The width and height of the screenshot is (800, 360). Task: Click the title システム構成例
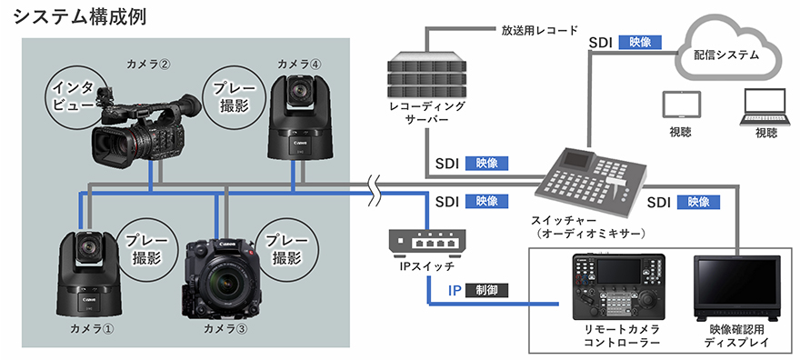coord(80,17)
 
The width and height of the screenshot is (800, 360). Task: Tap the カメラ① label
coord(92,329)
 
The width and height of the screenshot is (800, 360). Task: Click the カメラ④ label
coord(300,65)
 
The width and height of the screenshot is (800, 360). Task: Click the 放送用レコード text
coord(540,30)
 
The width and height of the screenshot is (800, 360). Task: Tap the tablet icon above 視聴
coord(680,107)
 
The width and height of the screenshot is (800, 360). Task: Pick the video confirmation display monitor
coord(737,287)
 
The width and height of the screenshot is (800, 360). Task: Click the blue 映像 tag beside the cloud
coord(640,43)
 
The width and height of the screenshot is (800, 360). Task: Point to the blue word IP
coord(455,291)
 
